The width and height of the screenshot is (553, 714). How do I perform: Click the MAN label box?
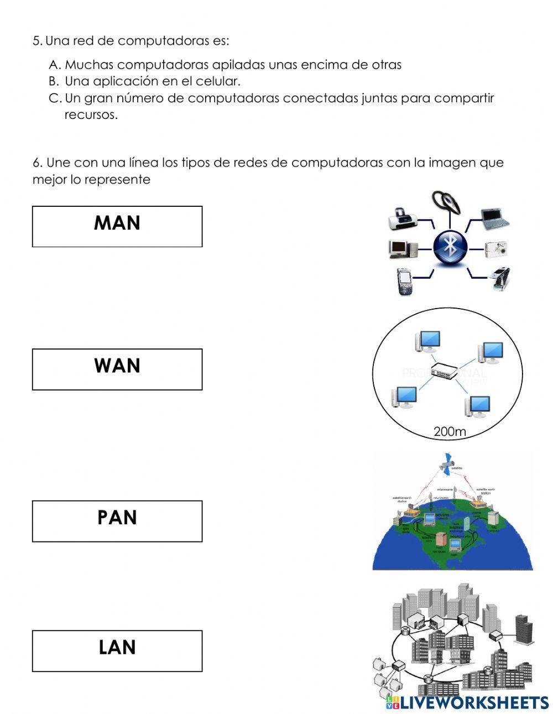point(117,226)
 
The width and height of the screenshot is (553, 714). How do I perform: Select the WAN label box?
point(117,369)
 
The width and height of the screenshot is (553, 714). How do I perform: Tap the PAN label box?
point(117,521)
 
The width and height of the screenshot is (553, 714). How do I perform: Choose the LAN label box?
point(117,650)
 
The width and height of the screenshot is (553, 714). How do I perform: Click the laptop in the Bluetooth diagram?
point(493,218)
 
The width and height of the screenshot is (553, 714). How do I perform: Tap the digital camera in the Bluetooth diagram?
point(496,248)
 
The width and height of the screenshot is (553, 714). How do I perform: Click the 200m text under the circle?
point(450,431)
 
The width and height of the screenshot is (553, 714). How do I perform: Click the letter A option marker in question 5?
point(54,65)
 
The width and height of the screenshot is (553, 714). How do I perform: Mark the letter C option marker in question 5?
point(54,98)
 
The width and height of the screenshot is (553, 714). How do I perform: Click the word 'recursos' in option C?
point(91,115)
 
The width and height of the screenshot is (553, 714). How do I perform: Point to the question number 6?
point(37,163)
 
